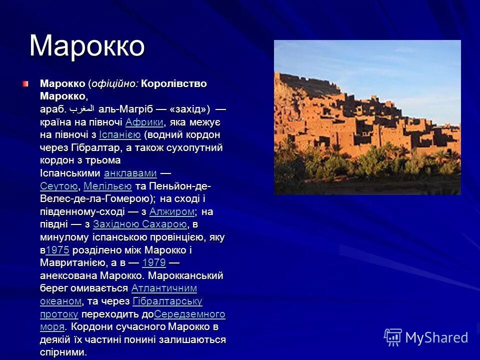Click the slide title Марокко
(x=87, y=46)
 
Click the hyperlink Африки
(x=144, y=122)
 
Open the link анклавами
(x=130, y=173)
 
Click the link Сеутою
(x=58, y=186)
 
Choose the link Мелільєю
(x=107, y=186)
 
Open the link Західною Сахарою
(x=139, y=224)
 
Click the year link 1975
(x=57, y=250)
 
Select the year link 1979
(x=154, y=263)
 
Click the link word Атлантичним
(x=164, y=288)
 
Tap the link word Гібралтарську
(x=167, y=301)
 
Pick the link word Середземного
(x=189, y=314)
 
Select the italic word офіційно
(x=114, y=83)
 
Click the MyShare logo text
(x=436, y=337)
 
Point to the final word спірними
(x=63, y=352)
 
